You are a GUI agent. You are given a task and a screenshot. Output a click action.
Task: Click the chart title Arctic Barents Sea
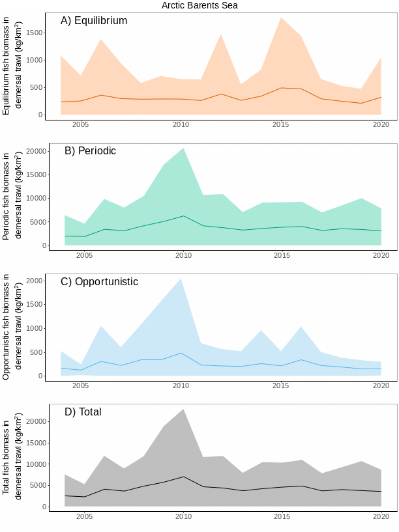click(x=199, y=5)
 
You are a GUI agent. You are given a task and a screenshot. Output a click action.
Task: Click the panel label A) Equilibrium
click(x=94, y=21)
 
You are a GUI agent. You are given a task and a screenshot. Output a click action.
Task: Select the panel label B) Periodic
click(x=90, y=151)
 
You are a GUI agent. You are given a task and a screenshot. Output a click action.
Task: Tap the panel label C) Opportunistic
click(x=99, y=282)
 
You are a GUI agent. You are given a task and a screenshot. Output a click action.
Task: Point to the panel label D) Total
click(x=83, y=412)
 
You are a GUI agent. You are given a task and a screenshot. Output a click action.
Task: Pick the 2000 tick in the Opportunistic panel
click(x=35, y=281)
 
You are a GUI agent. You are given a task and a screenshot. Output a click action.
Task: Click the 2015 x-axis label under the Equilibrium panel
click(x=281, y=125)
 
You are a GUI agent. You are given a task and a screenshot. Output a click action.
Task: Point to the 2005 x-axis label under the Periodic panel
click(x=84, y=256)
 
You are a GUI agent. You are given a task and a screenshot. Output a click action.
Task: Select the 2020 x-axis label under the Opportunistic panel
click(x=381, y=386)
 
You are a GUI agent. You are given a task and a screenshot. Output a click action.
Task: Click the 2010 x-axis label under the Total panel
click(x=183, y=517)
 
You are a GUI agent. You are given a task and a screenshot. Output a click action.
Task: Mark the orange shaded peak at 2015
click(x=281, y=18)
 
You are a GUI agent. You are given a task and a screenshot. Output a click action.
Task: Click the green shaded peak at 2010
click(x=183, y=149)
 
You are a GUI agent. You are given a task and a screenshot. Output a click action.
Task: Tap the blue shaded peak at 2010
click(x=181, y=280)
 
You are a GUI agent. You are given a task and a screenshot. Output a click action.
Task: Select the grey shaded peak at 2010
click(x=183, y=410)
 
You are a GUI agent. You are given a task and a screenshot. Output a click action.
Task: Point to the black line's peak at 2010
click(x=183, y=477)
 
